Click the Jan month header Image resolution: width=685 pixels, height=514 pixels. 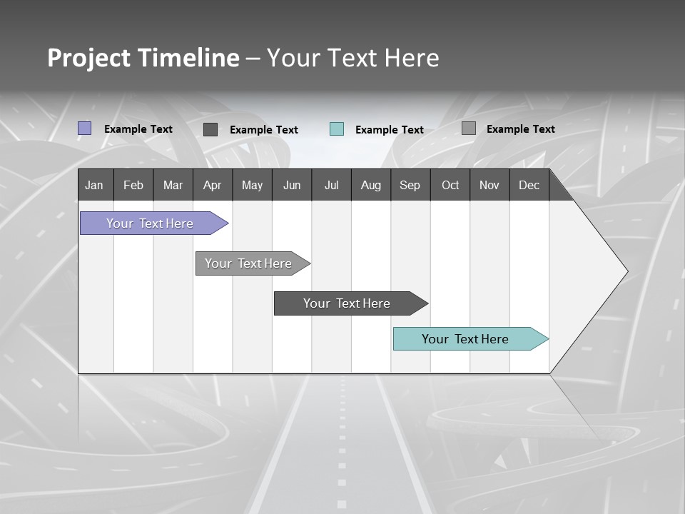click(94, 185)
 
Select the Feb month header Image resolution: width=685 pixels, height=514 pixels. click(133, 185)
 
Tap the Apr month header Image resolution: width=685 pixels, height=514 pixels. click(212, 185)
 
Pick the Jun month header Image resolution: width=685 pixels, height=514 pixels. click(292, 185)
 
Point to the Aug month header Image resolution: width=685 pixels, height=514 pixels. click(370, 185)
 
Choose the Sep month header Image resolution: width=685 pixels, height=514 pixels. click(410, 185)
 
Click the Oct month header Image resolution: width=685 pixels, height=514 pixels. click(450, 185)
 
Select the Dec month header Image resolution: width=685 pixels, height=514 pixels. click(529, 185)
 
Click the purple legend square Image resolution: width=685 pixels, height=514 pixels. click(84, 128)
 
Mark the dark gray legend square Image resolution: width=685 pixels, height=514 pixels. click(210, 129)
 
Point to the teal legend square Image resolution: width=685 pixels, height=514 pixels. click(337, 129)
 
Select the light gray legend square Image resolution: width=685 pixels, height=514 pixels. click(469, 128)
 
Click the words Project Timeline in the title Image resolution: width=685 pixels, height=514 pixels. click(143, 58)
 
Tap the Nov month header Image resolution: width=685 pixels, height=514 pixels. click(489, 185)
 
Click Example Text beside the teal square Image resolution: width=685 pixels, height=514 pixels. click(389, 130)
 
